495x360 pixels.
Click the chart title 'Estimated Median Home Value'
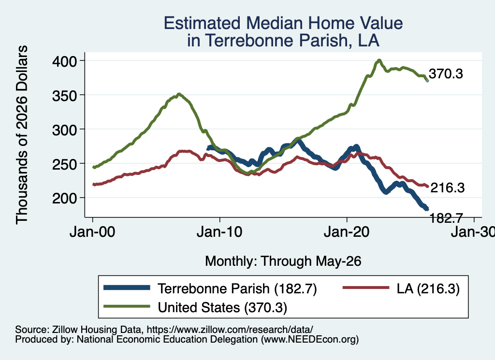tap(283, 23)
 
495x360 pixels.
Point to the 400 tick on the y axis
tap(64, 61)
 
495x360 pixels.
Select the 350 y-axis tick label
tap(64, 95)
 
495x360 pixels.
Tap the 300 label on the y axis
tap(64, 130)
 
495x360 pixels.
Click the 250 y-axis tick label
tap(64, 164)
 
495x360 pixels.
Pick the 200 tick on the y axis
tap(64, 198)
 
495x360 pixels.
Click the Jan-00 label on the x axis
tap(92, 232)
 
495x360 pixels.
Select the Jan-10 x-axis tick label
tap(219, 232)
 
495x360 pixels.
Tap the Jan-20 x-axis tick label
tap(347, 232)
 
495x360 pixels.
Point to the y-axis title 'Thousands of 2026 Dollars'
tap(22, 135)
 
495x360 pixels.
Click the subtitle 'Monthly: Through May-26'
tap(283, 261)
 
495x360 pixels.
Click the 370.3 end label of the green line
tap(446, 74)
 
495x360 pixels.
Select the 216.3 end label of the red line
tap(447, 187)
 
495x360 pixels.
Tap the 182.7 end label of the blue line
tap(446, 218)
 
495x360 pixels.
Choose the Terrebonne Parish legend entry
tap(210, 288)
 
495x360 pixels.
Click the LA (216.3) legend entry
tap(401, 288)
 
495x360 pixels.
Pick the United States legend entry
tap(195, 307)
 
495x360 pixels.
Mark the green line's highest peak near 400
tap(379, 60)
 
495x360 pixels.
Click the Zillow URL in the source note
tap(230, 330)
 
